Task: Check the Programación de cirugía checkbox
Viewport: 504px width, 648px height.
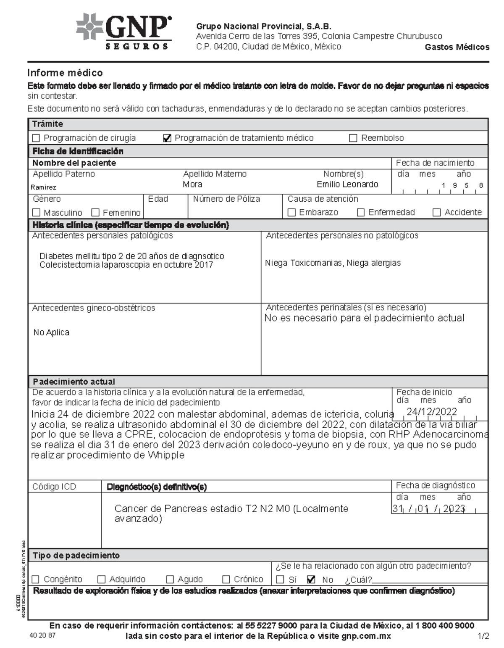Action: click(x=36, y=138)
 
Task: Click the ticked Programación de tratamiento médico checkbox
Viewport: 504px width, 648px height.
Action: click(x=167, y=138)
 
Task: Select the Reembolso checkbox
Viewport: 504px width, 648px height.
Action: click(x=353, y=138)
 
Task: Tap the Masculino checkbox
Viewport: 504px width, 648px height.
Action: click(x=36, y=213)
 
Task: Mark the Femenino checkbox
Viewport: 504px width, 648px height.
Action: click(x=95, y=213)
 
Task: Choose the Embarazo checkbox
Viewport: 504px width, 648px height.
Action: click(x=291, y=213)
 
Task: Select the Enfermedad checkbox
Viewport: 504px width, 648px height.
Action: click(x=361, y=213)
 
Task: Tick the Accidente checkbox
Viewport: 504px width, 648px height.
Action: click(x=437, y=213)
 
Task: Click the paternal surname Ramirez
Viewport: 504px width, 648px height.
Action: click(x=43, y=187)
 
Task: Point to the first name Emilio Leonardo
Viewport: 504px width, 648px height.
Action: click(x=347, y=184)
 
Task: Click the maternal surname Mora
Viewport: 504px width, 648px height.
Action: click(x=192, y=184)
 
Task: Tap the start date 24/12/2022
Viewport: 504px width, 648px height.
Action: click(x=431, y=412)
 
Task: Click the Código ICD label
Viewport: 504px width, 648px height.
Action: click(x=54, y=487)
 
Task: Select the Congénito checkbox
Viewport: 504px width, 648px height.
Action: click(x=36, y=580)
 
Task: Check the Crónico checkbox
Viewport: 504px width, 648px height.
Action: click(x=226, y=580)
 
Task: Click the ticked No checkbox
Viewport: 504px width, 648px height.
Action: click(x=311, y=580)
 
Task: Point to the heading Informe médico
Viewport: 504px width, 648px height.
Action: click(x=65, y=73)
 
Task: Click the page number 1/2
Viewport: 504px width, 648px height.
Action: click(x=483, y=636)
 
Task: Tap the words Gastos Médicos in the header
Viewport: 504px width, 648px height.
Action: click(x=457, y=47)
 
